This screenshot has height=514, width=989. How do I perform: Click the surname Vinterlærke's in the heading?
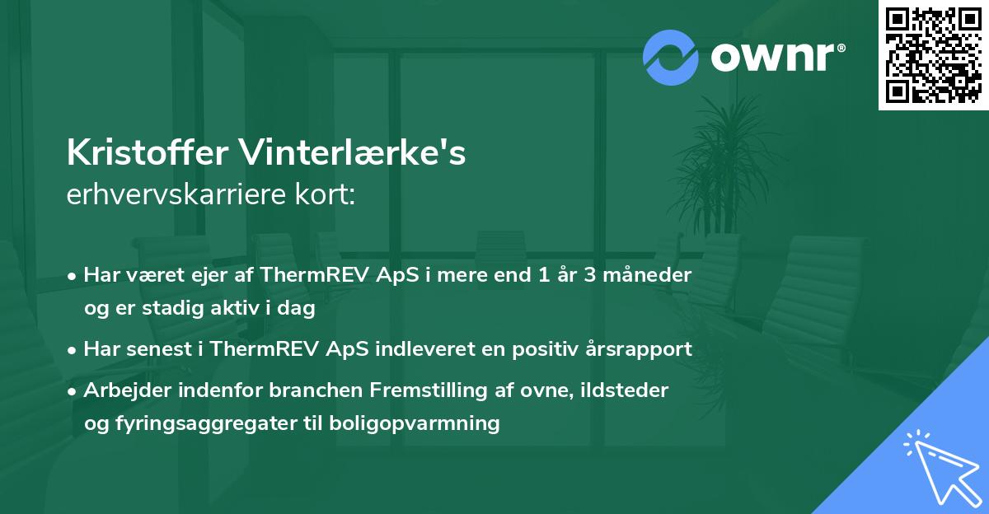[x=349, y=154]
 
